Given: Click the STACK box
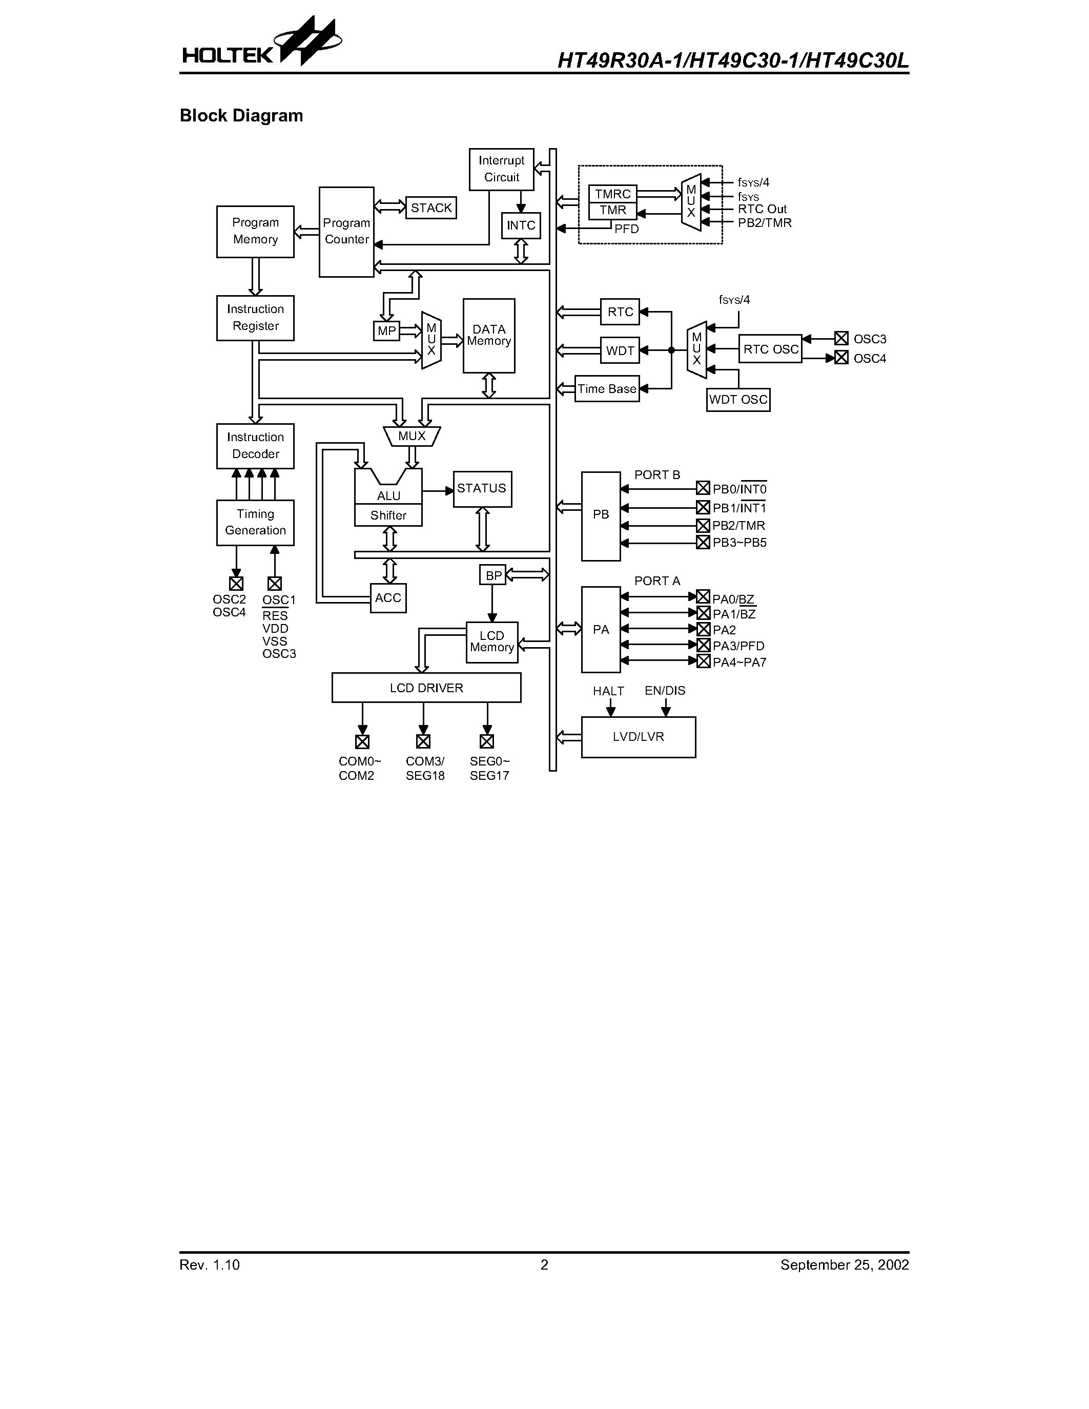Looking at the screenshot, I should coord(431,208).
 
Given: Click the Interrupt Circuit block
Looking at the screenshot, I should coord(501,169).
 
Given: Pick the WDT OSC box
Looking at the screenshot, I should coord(738,399).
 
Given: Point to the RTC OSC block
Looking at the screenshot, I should coord(770,349).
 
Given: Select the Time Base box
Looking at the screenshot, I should coord(606,389).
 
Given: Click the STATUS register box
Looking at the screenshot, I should coord(482,488).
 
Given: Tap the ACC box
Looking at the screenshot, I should coord(388,598).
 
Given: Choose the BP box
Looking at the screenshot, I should coord(493,575).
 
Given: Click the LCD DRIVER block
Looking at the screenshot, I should coord(426,688).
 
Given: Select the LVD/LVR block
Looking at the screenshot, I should coord(638,737).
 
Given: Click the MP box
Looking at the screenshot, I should coord(386,331).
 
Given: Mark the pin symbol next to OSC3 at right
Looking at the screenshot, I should coord(840,338).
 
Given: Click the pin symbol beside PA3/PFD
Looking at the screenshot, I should coord(703,645).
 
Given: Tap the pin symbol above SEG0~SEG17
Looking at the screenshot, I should coord(487,741).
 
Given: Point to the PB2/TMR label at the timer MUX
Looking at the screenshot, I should coord(765,222).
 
